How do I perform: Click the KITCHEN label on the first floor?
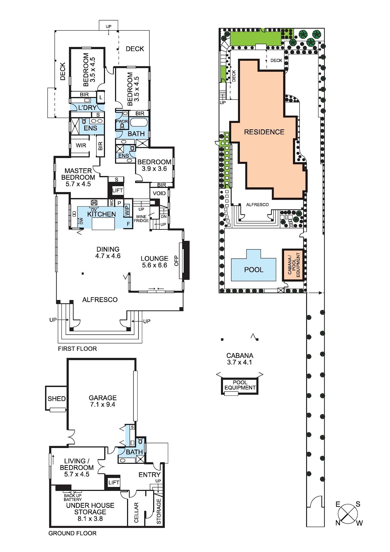point(101,214)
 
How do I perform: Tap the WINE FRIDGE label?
point(141,218)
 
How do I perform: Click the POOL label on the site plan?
point(254,269)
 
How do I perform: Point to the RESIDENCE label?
point(264,132)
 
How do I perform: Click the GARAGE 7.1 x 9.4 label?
point(102,401)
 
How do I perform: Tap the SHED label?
point(57,399)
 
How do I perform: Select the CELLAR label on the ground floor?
point(136,513)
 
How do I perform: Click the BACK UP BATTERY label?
point(73,497)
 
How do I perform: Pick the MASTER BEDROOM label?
point(78,177)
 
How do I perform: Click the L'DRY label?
point(87,108)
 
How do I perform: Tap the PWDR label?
point(122,122)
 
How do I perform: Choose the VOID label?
point(159,193)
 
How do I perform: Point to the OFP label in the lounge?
point(176,261)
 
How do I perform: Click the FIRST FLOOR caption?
point(77,348)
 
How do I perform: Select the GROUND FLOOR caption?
point(72,533)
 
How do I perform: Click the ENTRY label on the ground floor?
point(149,475)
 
